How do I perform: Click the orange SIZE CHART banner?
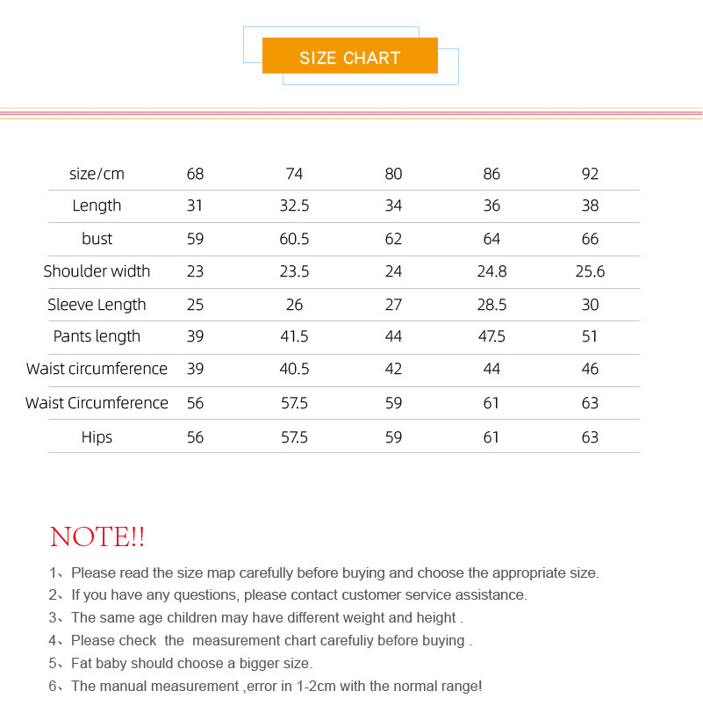pos(349,57)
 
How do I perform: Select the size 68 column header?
pos(195,174)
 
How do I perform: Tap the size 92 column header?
pos(590,174)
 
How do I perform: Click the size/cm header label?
pos(97,174)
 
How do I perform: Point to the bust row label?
pos(97,239)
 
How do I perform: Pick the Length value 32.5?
pos(294,205)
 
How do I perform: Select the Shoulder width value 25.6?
pos(590,271)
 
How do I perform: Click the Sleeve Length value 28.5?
pos(491,305)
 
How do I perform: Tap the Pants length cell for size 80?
pos(393,336)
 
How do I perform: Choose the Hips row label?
pos(97,437)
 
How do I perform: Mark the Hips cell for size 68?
pos(195,437)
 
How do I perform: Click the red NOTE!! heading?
pos(97,536)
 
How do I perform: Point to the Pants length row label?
pos(97,336)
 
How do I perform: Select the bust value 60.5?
pos(294,239)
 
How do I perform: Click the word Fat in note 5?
pos(83,663)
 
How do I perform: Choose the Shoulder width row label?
pos(97,271)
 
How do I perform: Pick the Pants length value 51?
pos(590,336)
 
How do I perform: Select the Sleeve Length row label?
pos(97,305)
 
